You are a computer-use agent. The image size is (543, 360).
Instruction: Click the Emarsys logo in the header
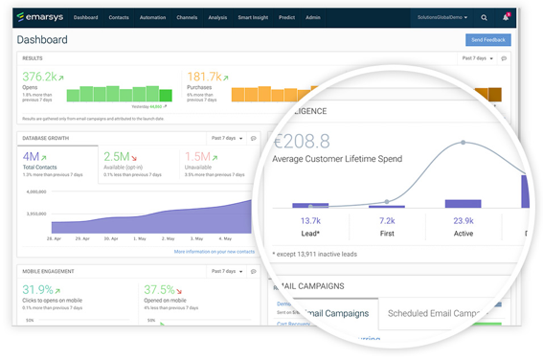(40, 17)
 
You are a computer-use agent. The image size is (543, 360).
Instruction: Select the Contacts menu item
(119, 17)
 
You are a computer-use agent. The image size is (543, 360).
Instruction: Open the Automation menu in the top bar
(152, 17)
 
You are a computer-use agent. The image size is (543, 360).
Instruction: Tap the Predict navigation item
(286, 17)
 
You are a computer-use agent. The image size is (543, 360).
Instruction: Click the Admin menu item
(313, 17)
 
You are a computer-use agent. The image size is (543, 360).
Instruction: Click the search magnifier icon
(484, 17)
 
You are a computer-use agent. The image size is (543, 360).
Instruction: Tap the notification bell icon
(507, 17)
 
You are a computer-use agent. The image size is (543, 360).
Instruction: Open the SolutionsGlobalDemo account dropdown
(442, 17)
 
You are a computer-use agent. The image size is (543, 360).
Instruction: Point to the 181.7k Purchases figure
(204, 77)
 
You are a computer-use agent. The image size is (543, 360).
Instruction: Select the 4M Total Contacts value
(32, 156)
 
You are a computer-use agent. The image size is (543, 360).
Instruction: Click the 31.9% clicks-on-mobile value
(37, 289)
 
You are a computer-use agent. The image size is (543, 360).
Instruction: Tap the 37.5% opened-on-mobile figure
(159, 289)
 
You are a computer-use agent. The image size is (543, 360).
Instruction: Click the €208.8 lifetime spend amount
(301, 142)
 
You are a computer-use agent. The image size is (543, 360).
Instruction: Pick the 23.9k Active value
(463, 220)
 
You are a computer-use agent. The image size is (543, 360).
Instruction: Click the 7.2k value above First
(387, 220)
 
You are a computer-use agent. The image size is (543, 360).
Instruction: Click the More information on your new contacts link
(215, 252)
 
